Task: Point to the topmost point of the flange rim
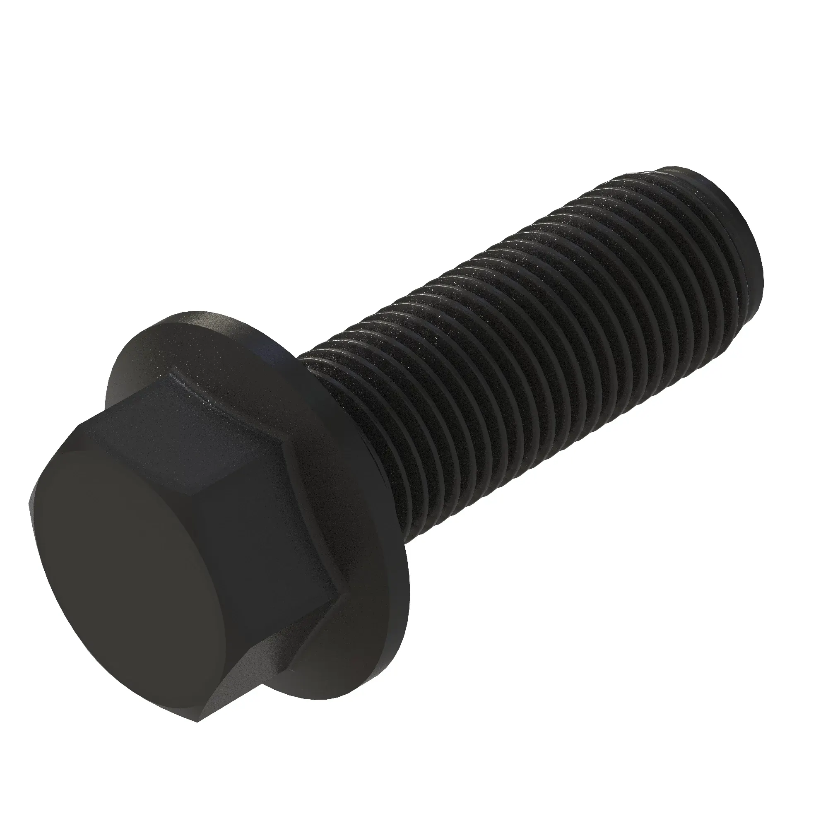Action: pos(188,312)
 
